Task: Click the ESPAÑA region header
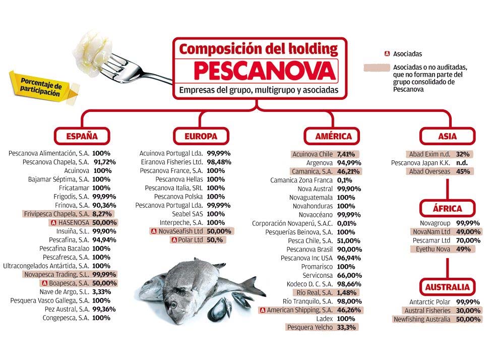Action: [82, 136]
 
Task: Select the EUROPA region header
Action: [201, 136]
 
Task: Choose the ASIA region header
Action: [447, 136]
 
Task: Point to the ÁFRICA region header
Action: [447, 209]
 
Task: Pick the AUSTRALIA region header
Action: [447, 287]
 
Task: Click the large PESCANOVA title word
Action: [257, 71]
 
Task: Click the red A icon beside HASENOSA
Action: [52, 222]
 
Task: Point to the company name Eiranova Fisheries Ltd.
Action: [172, 162]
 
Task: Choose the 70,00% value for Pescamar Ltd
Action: [468, 241]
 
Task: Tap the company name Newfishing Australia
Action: [421, 319]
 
